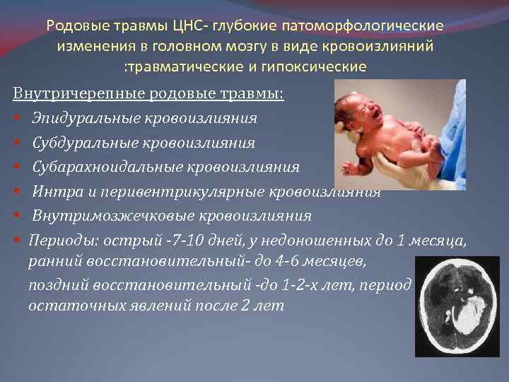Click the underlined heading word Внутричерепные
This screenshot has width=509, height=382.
(74, 93)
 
